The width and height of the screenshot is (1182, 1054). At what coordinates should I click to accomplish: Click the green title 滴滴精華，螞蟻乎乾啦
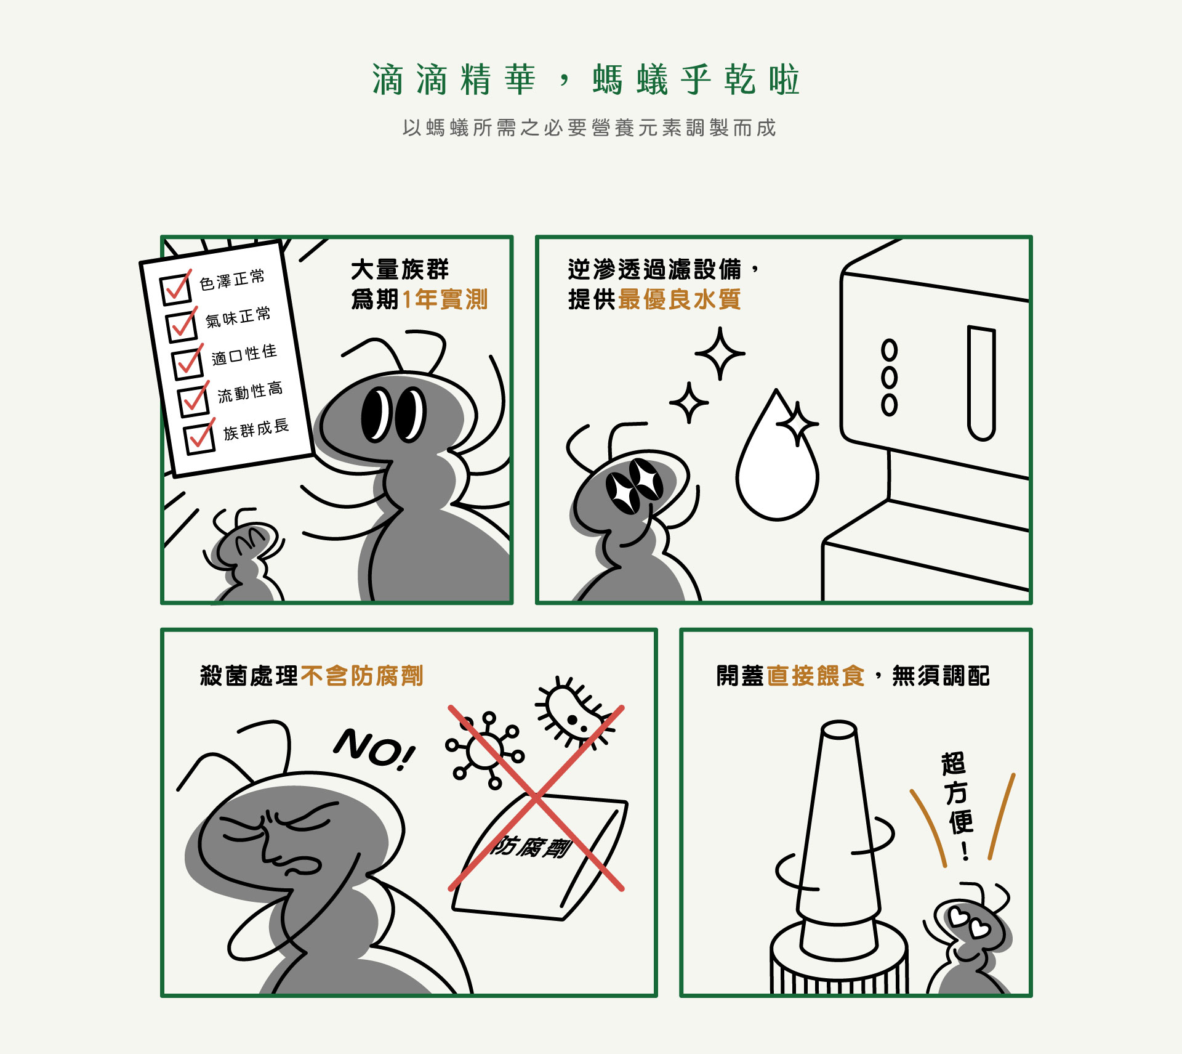coord(585,80)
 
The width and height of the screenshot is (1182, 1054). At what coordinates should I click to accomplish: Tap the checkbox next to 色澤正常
coord(175,288)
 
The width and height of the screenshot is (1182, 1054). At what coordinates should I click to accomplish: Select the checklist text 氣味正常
coord(238,317)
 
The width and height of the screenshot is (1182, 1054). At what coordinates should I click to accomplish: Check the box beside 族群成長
coord(199,438)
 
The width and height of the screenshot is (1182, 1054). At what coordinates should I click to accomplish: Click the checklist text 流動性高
coord(250,392)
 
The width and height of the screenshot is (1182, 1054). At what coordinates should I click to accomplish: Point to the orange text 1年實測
coord(444,300)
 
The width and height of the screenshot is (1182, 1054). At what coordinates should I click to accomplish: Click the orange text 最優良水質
coord(679,300)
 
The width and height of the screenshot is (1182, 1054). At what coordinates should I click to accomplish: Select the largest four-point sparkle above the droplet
coord(720,354)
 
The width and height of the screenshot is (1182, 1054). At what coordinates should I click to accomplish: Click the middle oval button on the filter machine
coord(889,377)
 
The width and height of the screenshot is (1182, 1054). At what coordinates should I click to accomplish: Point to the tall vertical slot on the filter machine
coord(981,383)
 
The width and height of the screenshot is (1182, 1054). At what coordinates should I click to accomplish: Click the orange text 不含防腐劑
coord(362,676)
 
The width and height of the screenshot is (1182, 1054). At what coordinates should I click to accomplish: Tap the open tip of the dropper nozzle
coord(838,729)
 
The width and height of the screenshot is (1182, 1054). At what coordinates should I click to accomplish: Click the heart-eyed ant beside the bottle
coord(968,939)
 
